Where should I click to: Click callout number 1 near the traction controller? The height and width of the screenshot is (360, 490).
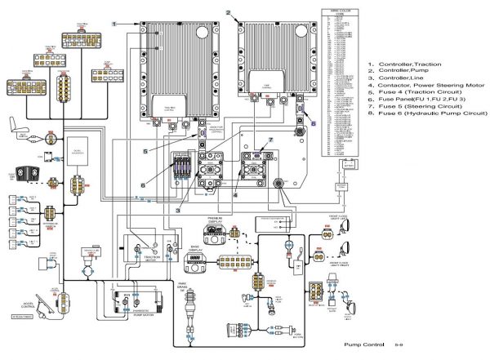coord(114,16)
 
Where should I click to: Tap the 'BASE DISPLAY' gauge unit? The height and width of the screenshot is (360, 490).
coord(197,260)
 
